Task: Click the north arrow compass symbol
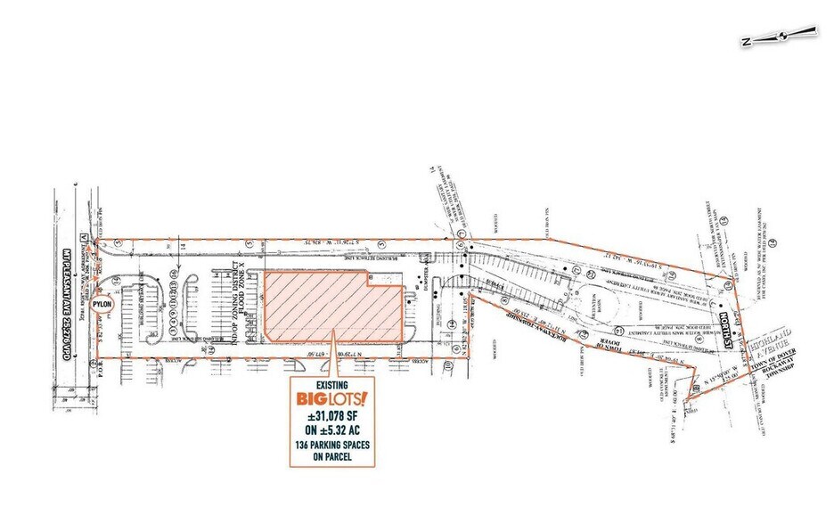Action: (781, 37)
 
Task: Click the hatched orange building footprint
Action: (330, 307)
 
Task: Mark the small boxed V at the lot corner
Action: (83, 237)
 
